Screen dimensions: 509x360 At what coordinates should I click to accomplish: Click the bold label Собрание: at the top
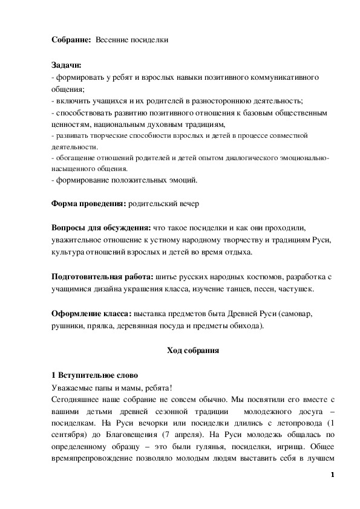[68, 40]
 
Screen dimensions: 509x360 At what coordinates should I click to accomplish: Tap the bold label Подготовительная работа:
[102, 277]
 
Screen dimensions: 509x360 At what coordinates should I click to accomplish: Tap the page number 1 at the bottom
[333, 475]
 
